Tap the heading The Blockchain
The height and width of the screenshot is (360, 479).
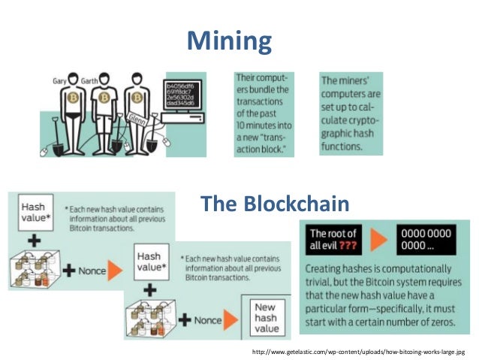click(x=274, y=203)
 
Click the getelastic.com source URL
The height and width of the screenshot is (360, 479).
click(x=359, y=352)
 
